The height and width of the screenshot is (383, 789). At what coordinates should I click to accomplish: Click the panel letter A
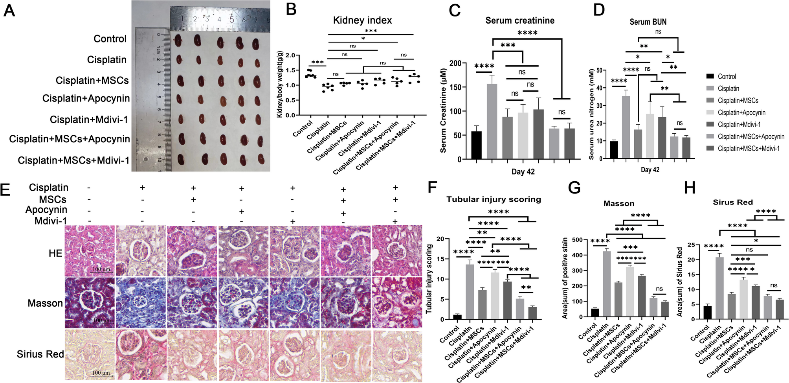[9, 11]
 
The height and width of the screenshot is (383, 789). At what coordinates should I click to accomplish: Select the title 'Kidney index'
[362, 20]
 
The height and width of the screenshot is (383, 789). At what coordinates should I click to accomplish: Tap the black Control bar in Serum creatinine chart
[476, 145]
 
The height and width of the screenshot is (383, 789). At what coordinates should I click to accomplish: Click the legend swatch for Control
[710, 76]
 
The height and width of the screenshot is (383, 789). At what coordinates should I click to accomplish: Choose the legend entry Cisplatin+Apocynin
[741, 112]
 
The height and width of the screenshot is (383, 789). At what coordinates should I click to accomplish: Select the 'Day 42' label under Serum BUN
[650, 169]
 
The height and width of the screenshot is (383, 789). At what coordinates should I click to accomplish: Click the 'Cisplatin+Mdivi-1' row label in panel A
[89, 120]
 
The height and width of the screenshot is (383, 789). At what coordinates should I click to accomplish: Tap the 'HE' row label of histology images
[55, 253]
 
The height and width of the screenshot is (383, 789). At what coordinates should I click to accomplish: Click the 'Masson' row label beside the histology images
[45, 303]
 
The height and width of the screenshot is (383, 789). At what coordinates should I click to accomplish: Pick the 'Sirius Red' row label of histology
[40, 354]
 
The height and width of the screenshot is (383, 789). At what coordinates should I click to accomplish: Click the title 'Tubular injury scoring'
[494, 199]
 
